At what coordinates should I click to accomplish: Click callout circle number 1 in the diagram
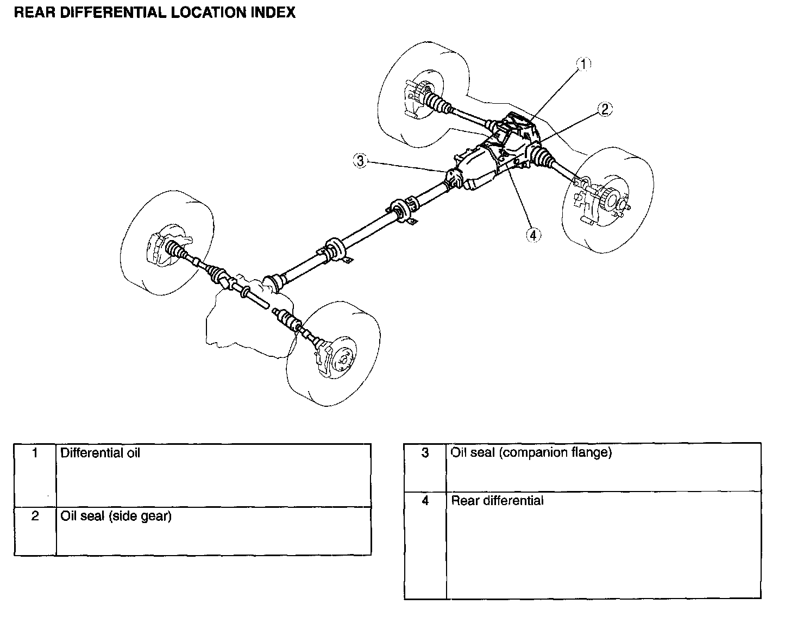pyautogui.click(x=583, y=64)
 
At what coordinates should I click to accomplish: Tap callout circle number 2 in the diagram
pyautogui.click(x=605, y=109)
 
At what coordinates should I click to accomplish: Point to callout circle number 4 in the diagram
pyautogui.click(x=533, y=235)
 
